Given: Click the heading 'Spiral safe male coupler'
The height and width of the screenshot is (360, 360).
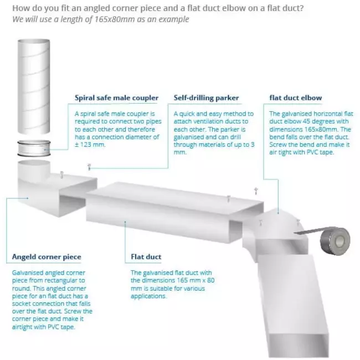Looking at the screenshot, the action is coord(116,98).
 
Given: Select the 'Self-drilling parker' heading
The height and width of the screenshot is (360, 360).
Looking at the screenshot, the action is coord(206,98).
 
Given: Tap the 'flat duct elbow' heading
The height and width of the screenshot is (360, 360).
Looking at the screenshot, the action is coord(296,98).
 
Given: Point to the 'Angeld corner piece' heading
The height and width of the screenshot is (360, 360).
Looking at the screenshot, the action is coord(47,256).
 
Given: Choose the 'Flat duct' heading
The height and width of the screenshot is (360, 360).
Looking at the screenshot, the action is coord(146,256).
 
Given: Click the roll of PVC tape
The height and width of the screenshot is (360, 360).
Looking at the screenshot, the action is coord(335,241).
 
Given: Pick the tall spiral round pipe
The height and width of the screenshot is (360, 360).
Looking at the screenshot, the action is coord(34,87).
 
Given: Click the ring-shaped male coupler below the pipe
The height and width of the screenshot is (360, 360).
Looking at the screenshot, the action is coord(34,148).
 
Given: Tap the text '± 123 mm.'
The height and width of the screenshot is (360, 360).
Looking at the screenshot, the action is coord(90,145).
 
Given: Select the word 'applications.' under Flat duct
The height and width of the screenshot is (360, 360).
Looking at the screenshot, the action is coord(148,296).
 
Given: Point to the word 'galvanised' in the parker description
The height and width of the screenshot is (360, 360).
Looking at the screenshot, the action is coord(189,137).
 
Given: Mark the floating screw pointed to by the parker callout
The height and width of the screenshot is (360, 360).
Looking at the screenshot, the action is coord(89,167).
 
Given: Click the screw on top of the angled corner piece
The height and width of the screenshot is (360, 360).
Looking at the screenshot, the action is coord(61,174).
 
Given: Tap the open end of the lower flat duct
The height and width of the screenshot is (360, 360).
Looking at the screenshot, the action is coord(299,346).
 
